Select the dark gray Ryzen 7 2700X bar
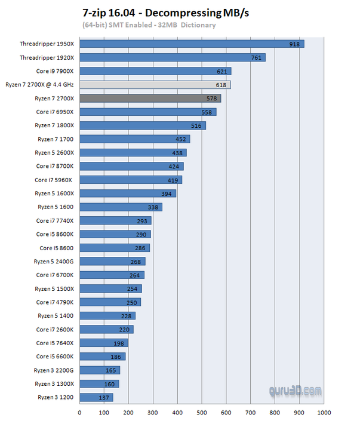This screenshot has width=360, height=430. tap(150, 98)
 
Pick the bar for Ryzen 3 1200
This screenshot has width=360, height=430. tap(96, 397)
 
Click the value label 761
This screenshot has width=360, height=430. tap(257, 58)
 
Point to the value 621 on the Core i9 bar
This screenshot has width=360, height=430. tap(223, 72)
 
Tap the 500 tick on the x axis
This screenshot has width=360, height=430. tap(202, 412)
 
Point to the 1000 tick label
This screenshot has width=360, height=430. tap(324, 412)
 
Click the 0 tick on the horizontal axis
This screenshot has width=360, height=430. tap(79, 412)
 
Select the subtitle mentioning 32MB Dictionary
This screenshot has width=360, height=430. tap(149, 25)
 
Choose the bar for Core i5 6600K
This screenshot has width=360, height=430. tap(102, 357)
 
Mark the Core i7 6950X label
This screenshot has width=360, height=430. tap(54, 112)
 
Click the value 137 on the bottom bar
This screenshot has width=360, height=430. tap(105, 397)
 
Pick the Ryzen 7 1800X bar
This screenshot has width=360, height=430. tap(143, 125)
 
